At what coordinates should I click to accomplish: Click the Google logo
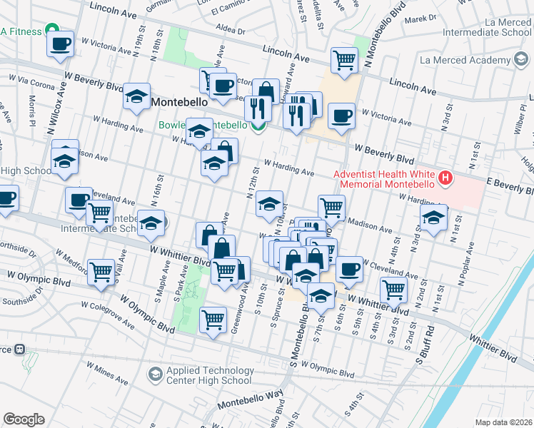pos(24,419)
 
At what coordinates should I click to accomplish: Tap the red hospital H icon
pos(445,177)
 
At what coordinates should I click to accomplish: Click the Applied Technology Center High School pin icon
pos(155,374)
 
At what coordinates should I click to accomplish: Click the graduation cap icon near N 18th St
pos(136,98)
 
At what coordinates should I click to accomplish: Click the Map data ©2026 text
pos(504,422)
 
